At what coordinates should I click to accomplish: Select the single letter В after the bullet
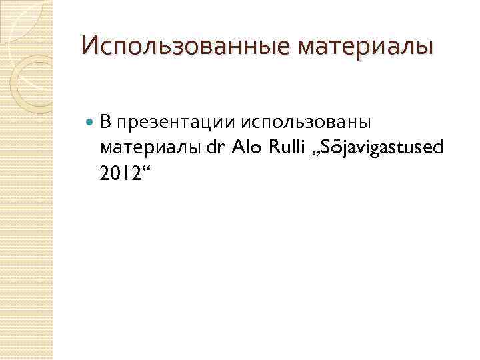pos(105,121)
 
